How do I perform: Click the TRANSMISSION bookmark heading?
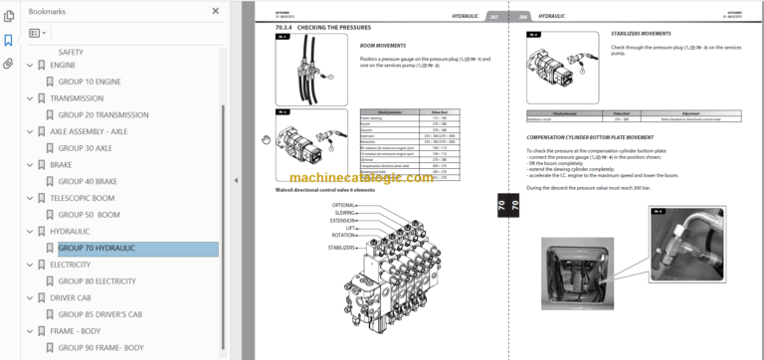tap(76, 98)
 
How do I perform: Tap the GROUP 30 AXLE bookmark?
tap(85, 148)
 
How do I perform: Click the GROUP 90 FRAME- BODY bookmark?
tap(100, 348)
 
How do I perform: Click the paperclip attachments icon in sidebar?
tap(9, 64)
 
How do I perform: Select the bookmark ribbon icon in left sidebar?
tap(9, 41)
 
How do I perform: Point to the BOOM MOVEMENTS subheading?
tap(381, 46)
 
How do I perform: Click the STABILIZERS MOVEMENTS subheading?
tap(641, 33)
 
